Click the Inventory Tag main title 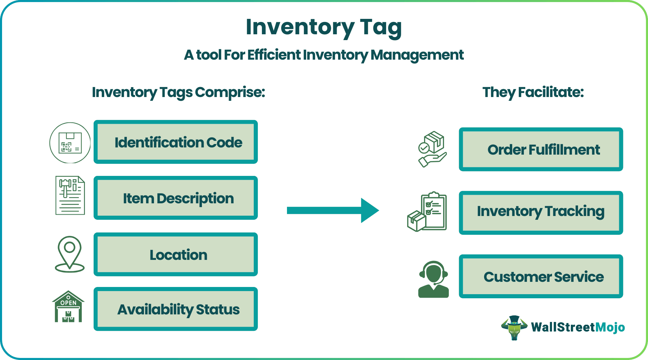(324, 27)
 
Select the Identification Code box (176, 142)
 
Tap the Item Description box (176, 198)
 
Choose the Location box (176, 255)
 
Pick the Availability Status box (176, 309)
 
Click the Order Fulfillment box (541, 149)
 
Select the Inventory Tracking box (541, 213)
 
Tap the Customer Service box (541, 276)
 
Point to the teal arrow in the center (333, 211)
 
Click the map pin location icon (70, 254)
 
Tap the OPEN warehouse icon (68, 307)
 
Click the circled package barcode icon (70, 143)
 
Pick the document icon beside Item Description (70, 195)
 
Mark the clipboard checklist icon (427, 212)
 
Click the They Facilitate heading (533, 92)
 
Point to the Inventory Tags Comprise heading (178, 92)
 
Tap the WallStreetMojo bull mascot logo (514, 327)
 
